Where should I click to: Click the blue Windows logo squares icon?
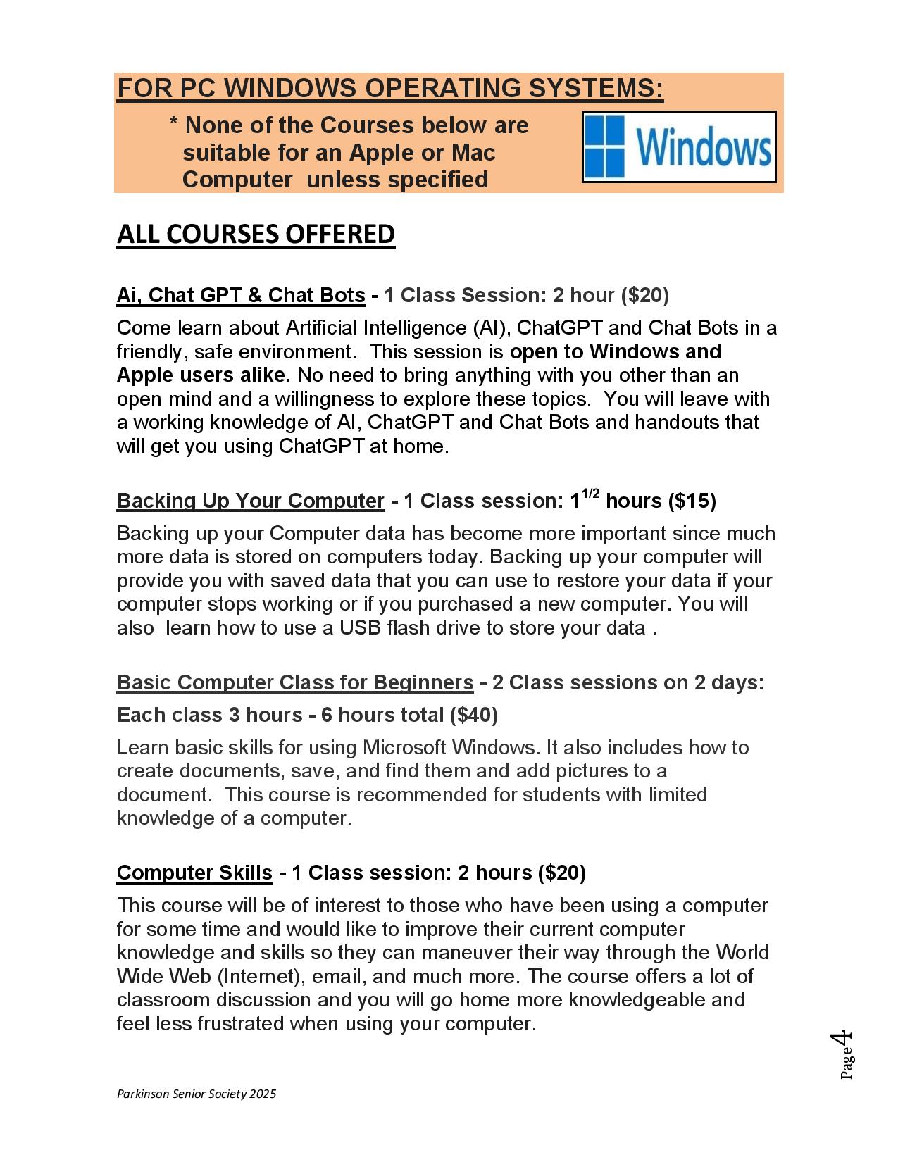(x=605, y=146)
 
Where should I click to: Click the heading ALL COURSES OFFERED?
(x=256, y=234)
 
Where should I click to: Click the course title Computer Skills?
(x=194, y=873)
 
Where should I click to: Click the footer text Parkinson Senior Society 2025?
(x=197, y=1094)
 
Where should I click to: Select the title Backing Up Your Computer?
(x=250, y=501)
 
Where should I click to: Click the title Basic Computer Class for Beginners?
(x=294, y=682)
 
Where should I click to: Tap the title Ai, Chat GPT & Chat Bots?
(x=241, y=295)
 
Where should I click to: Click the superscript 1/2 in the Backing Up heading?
(x=590, y=494)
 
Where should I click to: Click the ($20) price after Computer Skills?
(x=561, y=873)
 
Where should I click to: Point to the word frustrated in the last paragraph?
(x=241, y=1024)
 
